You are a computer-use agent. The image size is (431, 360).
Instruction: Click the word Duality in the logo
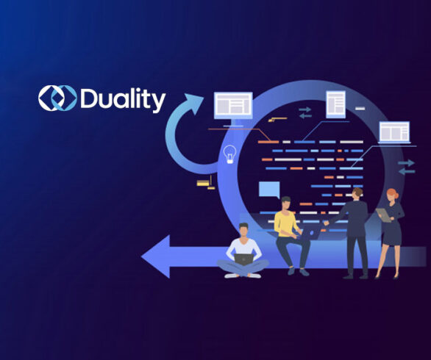[123, 99]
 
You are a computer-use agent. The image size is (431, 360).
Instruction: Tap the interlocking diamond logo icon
[57, 98]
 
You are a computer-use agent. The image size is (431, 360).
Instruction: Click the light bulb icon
[229, 154]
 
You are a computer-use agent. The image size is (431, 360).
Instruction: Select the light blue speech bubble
[269, 190]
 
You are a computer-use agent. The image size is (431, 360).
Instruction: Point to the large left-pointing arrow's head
[156, 256]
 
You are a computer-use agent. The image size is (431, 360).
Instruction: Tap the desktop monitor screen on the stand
[233, 106]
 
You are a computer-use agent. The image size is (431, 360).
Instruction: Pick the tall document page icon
[335, 104]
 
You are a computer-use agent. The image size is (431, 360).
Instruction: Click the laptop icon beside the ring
[394, 132]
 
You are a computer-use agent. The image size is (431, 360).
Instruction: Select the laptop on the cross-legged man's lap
[243, 259]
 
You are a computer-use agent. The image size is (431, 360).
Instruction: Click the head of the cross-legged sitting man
[243, 229]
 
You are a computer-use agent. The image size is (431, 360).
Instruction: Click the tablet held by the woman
[383, 215]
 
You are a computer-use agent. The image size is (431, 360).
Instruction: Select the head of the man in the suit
[357, 193]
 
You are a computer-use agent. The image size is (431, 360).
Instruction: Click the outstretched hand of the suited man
[327, 223]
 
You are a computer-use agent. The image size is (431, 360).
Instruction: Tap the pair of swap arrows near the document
[305, 112]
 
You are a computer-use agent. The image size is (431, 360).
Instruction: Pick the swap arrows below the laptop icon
[407, 167]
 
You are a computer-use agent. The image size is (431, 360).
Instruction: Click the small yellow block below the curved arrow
[203, 183]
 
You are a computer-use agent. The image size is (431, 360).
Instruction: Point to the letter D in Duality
[88, 98]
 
